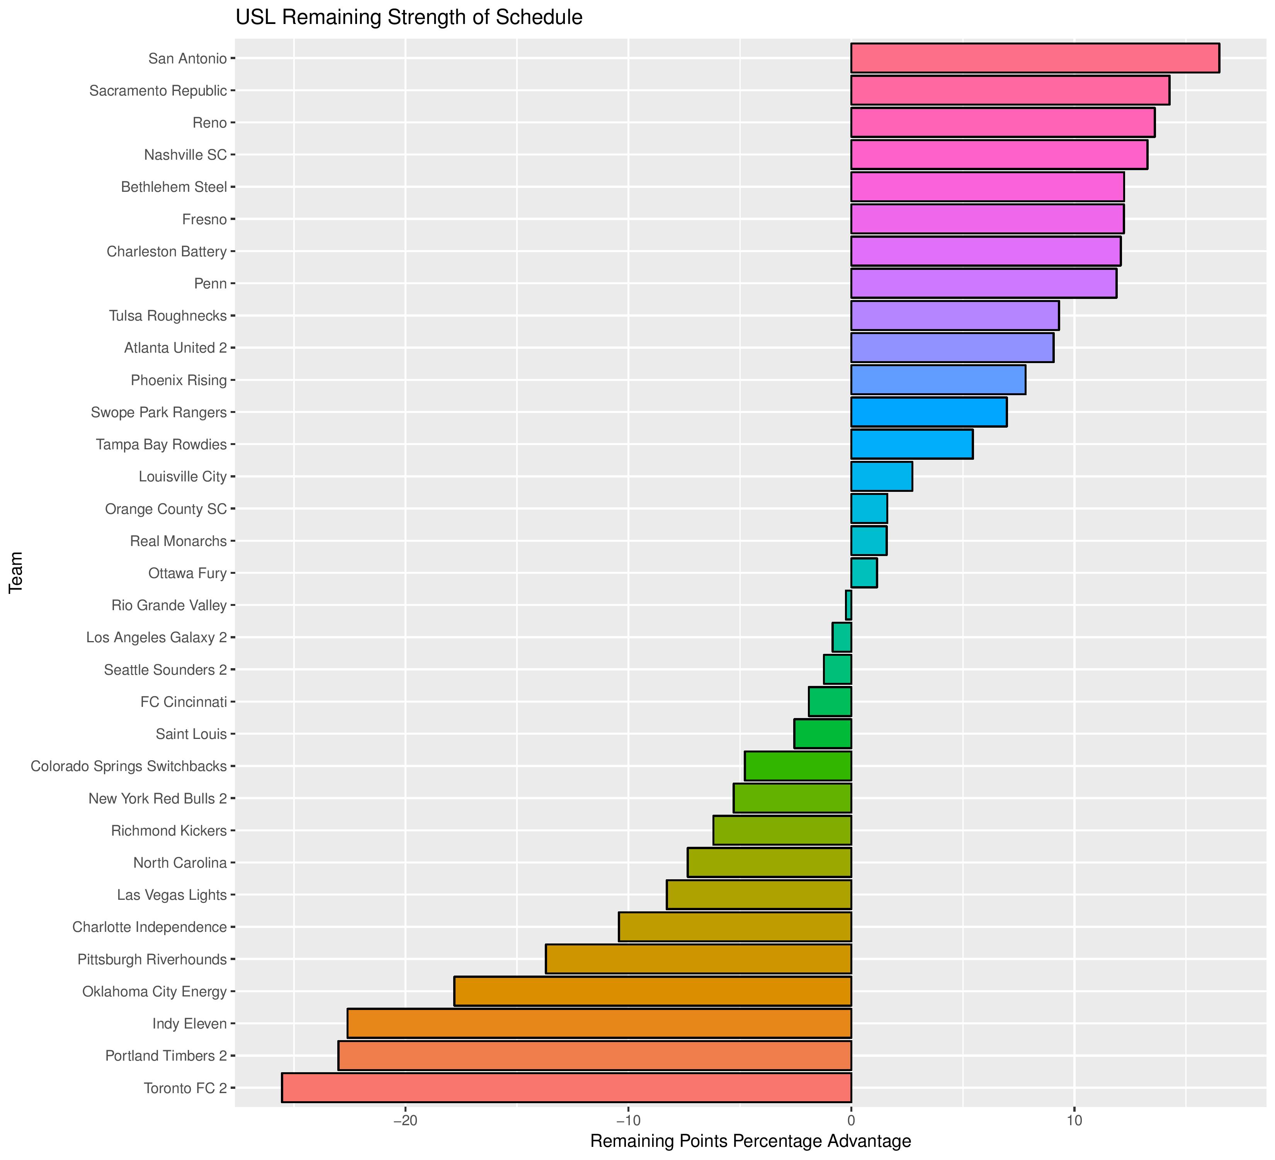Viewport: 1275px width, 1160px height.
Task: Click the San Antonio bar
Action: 1035,58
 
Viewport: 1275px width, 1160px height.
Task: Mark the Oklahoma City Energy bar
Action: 652,991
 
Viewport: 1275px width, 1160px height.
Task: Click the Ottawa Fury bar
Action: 863,573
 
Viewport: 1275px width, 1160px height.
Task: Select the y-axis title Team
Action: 16,572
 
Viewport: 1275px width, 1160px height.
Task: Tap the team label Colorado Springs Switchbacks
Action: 128,766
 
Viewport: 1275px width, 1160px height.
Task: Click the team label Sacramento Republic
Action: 158,90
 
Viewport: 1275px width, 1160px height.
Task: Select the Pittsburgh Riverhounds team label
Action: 152,959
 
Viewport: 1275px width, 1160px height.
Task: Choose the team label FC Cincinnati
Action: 184,702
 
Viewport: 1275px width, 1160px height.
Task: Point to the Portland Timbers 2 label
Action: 166,1056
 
